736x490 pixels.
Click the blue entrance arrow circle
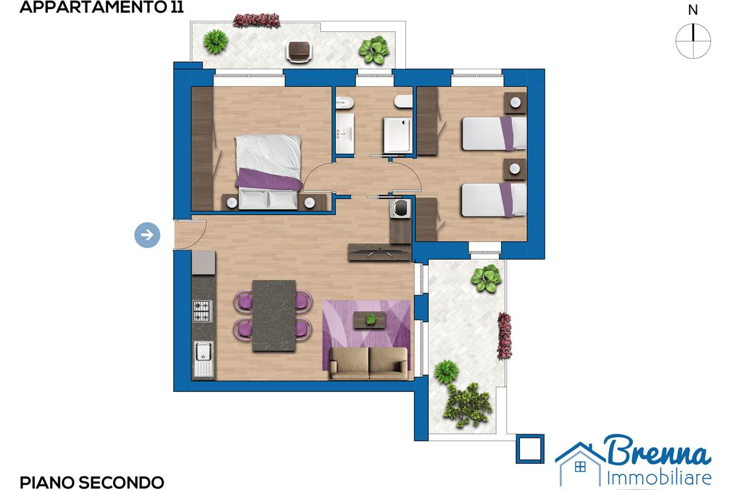coord(147,235)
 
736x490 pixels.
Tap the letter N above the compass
coord(693,10)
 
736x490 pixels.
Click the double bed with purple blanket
coord(269,172)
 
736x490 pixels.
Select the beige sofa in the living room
coord(369,363)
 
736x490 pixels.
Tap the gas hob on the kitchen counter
coord(202,311)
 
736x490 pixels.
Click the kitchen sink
coord(204,359)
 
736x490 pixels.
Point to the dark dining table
coord(274,315)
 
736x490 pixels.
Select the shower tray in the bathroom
coord(397,135)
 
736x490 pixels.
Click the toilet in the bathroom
coord(403,102)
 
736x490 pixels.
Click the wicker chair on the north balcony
coord(299,51)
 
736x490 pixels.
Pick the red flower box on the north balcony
coord(256,20)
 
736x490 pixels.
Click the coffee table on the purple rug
coord(370,319)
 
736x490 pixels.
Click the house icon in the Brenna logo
coord(581,464)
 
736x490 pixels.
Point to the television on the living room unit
coord(380,254)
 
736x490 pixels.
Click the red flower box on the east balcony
coord(504,336)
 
